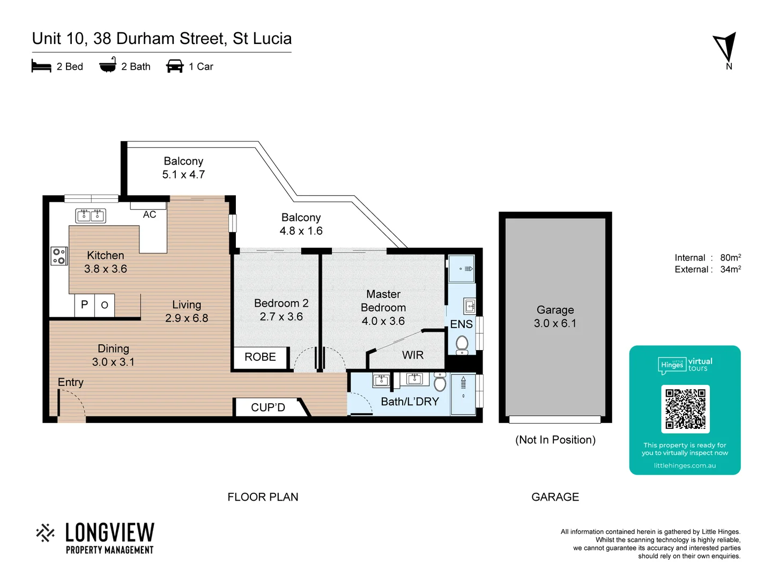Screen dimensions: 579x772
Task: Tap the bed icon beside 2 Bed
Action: click(41, 66)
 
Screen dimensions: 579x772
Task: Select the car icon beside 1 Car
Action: click(175, 66)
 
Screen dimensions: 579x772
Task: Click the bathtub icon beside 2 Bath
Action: click(108, 65)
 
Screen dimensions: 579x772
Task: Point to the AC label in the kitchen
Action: click(150, 214)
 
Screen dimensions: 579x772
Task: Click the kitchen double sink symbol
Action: click(90, 216)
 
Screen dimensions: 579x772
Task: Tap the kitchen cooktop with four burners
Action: click(58, 256)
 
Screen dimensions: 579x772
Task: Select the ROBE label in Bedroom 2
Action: click(260, 357)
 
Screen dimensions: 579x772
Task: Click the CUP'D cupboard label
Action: click(268, 407)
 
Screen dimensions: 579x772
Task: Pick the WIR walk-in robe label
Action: click(413, 355)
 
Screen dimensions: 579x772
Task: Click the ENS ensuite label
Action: click(461, 324)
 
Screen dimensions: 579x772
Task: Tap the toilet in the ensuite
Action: click(462, 344)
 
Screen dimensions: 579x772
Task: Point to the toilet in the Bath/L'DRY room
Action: click(440, 383)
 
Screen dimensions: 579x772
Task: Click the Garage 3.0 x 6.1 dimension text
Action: click(555, 323)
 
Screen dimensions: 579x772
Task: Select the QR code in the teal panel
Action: click(685, 409)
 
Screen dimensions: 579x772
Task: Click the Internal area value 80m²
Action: click(730, 257)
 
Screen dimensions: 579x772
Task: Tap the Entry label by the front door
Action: click(71, 382)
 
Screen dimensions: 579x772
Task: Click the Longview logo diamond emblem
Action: click(46, 533)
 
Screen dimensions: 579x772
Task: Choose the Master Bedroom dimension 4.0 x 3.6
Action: click(383, 321)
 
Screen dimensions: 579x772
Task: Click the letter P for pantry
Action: click(84, 305)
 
